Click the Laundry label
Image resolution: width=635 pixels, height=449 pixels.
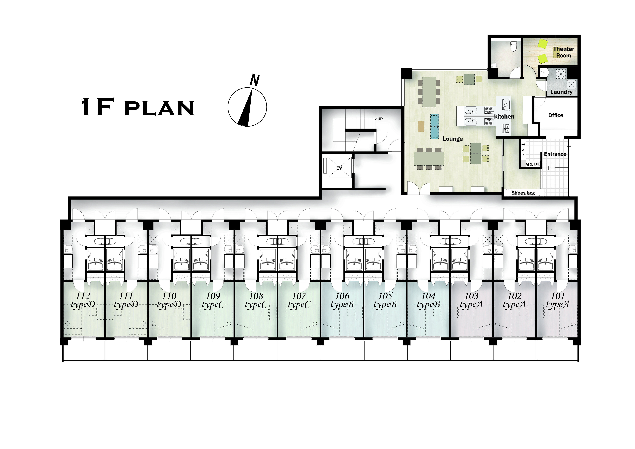(561, 92)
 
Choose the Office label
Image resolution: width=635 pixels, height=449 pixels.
(556, 115)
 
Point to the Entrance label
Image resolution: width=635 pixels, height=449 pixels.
(555, 154)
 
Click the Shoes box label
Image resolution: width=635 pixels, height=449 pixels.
(523, 193)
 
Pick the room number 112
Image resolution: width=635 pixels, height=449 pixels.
(83, 296)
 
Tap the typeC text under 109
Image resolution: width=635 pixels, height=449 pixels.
(213, 305)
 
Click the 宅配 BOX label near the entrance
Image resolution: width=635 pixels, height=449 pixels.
(533, 164)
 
